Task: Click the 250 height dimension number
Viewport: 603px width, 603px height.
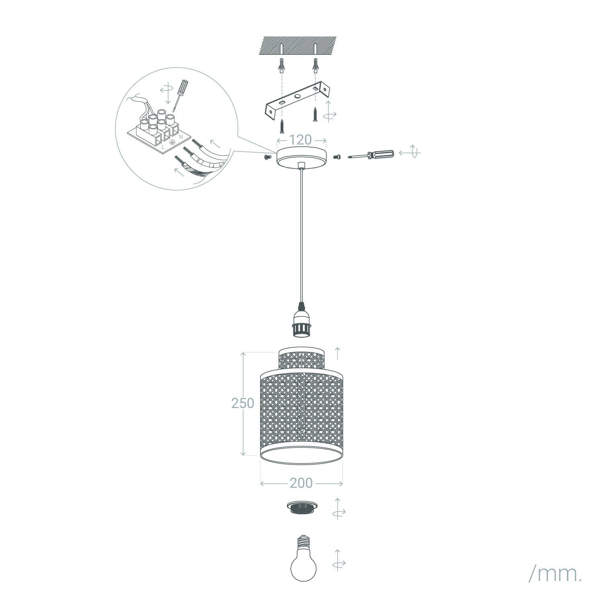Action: click(x=243, y=403)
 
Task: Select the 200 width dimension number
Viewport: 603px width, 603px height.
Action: click(x=301, y=483)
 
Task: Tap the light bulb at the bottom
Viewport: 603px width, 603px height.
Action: click(x=303, y=557)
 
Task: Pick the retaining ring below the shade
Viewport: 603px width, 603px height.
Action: click(x=301, y=508)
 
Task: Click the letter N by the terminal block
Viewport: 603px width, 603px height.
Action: click(x=181, y=137)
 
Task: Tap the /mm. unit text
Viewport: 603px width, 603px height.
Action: click(x=555, y=574)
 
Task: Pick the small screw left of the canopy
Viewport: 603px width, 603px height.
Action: click(x=267, y=157)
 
